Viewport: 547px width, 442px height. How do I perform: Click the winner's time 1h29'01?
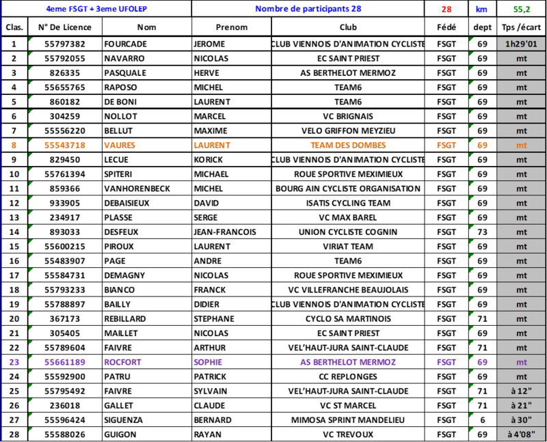[521, 44]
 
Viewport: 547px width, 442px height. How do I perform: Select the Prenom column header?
[232, 27]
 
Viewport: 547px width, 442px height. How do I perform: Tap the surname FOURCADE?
[126, 44]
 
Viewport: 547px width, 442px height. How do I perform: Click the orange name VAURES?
[120, 146]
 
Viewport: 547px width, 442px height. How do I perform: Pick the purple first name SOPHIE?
[208, 362]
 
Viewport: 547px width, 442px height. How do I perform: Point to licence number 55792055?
[65, 59]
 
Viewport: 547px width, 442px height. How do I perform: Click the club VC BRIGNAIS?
[348, 116]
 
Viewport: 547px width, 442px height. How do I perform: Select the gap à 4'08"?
[521, 434]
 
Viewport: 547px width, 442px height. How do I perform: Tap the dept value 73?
[483, 232]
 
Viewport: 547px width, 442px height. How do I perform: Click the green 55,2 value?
[522, 9]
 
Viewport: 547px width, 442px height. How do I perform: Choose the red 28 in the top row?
[446, 9]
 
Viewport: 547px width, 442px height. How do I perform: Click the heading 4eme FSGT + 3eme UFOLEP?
[96, 9]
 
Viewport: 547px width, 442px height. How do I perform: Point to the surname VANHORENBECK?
[137, 189]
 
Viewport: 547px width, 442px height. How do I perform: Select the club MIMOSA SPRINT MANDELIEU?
[348, 420]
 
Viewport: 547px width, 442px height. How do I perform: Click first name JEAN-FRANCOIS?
[225, 232]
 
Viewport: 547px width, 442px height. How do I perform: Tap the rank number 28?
[14, 434]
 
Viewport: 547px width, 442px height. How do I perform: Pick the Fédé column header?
[446, 27]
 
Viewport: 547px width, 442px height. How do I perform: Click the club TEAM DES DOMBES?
[348, 146]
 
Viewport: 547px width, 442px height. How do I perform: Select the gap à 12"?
[521, 391]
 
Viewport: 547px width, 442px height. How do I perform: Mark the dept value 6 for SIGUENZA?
[483, 420]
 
